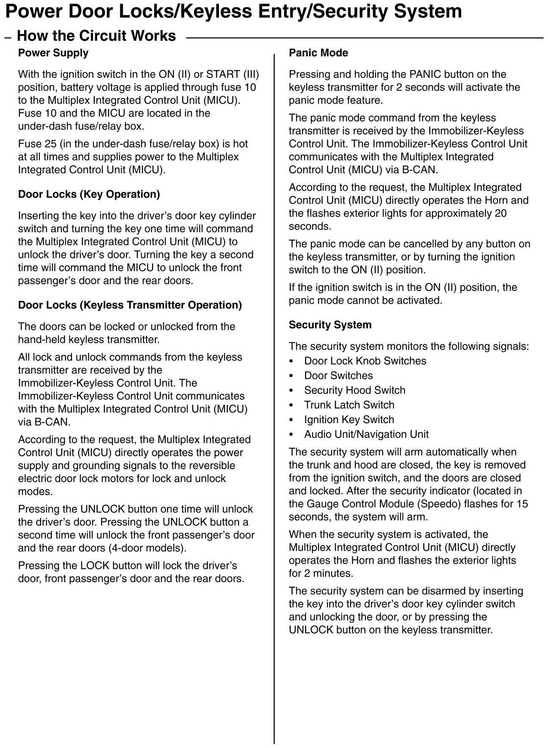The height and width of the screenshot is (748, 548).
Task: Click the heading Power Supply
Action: coord(53,53)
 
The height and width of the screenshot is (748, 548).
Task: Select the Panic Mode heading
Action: coord(318,53)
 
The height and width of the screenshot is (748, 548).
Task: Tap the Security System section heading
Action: coord(330,325)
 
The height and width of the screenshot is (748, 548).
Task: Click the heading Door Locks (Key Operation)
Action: coord(89,194)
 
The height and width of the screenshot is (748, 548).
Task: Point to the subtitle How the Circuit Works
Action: coord(96,36)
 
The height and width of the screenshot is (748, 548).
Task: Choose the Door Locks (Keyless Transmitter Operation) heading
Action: coord(130,305)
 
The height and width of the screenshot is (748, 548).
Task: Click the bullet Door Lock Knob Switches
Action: coord(365,361)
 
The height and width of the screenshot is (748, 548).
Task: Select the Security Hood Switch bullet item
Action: coord(354,390)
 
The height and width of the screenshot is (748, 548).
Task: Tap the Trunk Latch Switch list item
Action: coord(349,405)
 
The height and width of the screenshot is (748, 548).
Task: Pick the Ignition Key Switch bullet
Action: coord(349,420)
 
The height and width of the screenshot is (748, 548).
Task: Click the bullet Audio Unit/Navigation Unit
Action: coord(366,434)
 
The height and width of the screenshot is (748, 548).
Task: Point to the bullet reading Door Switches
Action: coord(338,376)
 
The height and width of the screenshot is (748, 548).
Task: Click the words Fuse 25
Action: coord(37,144)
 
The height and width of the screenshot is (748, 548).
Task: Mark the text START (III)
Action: coord(232,75)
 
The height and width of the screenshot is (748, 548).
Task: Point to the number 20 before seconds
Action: coord(501,213)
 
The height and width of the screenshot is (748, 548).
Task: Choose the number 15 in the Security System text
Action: coord(522,504)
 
